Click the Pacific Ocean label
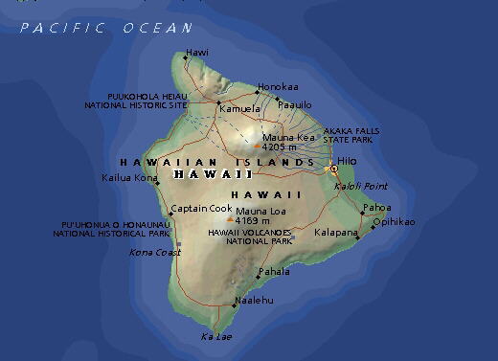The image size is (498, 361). point(106,28)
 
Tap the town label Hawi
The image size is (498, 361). point(198,52)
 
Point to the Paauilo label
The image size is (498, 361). point(295,103)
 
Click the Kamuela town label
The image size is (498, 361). point(239,109)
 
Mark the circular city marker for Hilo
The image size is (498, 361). point(333,169)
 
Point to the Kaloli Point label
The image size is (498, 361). point(360,185)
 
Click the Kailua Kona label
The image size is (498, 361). point(128,177)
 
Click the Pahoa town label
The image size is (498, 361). point(377,207)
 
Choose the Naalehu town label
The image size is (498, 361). point(253,300)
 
